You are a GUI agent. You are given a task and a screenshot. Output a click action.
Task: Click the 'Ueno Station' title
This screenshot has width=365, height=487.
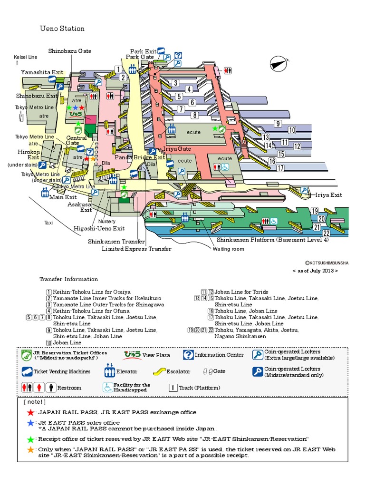pos(62,29)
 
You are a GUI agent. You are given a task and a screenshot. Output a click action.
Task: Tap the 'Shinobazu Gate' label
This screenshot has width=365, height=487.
pos(69,51)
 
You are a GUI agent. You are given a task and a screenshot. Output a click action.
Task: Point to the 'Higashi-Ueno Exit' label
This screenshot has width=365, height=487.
pos(99,228)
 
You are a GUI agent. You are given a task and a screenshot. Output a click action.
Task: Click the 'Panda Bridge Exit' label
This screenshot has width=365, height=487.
pos(140,157)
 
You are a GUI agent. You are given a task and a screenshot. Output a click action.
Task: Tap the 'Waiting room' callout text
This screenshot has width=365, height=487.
pos(228,249)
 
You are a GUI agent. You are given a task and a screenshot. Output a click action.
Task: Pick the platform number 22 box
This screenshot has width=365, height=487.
pos(326,233)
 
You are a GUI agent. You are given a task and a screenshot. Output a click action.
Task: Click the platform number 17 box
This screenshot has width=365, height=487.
pos(280,168)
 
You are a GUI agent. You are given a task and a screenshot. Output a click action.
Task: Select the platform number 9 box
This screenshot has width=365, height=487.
pos(278,124)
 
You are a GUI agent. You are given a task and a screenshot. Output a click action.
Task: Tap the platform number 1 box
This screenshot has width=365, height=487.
pos(118,69)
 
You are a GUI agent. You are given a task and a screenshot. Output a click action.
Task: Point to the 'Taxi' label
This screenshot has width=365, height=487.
pos(49,222)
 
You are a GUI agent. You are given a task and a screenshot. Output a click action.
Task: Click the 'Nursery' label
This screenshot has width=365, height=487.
pos(107,221)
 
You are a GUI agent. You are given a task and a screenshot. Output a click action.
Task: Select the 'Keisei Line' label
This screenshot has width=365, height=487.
pos(25,57)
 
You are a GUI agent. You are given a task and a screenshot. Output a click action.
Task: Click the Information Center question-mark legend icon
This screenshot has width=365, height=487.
pos(188,355)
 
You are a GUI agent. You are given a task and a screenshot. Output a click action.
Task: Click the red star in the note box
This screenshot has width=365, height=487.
pos(31,412)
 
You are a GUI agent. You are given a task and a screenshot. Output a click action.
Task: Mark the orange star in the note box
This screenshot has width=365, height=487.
pos(31,449)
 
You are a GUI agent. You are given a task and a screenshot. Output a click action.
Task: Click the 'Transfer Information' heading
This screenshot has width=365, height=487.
pos(68,279)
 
